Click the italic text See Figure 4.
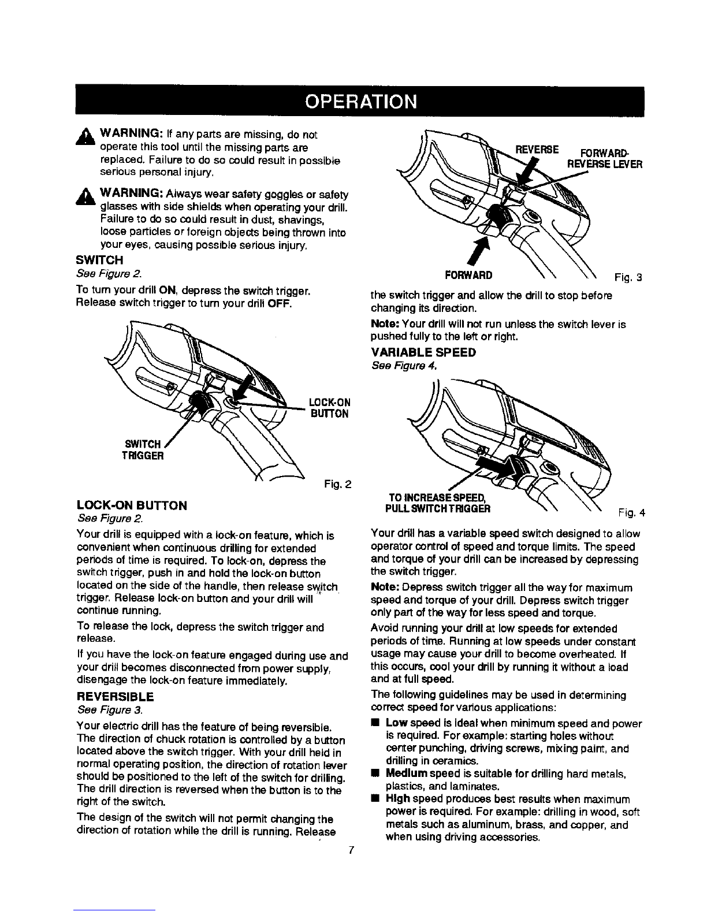coord(400,365)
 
